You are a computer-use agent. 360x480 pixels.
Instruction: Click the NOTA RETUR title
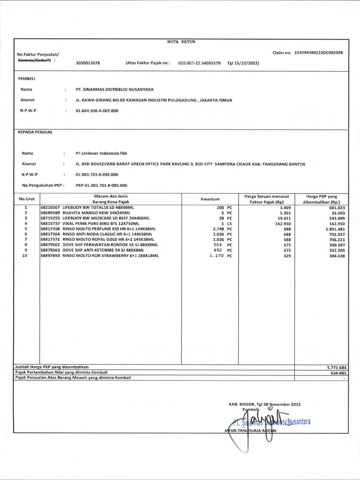coord(181,42)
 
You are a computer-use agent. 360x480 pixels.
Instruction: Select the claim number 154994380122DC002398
coord(318,52)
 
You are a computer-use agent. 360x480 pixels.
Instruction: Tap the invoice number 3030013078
coord(88,62)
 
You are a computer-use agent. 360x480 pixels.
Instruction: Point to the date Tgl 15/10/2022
coord(243,62)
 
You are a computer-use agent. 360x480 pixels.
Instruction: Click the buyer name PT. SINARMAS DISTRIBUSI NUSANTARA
coord(114,89)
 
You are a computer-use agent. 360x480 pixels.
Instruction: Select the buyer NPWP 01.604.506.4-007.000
coord(97,111)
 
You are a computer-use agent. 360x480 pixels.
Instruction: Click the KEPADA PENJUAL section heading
coord(35,132)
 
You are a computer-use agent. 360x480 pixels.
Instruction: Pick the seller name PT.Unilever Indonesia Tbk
coord(101,153)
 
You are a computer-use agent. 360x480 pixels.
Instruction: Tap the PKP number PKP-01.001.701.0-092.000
coord(101,185)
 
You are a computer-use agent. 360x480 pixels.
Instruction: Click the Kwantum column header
coord(210,199)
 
